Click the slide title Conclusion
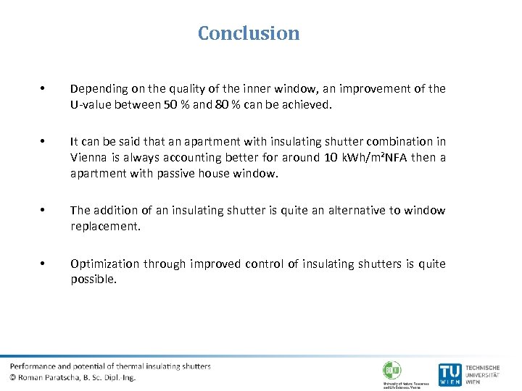pyautogui.click(x=249, y=33)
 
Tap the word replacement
pyautogui.click(x=106, y=226)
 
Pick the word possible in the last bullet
pyautogui.click(x=93, y=279)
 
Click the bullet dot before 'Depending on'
pyautogui.click(x=44, y=89)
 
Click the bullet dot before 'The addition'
pyautogui.click(x=44, y=211)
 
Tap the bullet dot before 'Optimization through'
pyautogui.click(x=44, y=264)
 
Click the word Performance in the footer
pyautogui.click(x=33, y=366)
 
